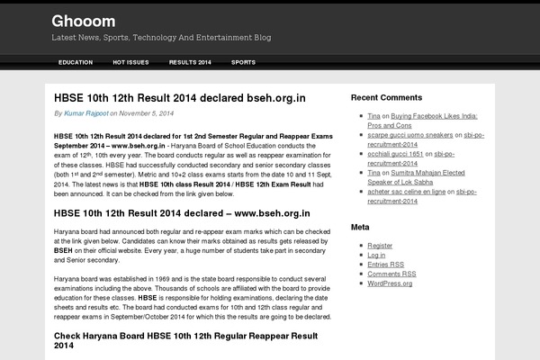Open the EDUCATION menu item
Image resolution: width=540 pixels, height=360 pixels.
click(x=76, y=62)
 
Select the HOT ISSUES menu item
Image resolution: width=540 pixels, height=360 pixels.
click(x=130, y=62)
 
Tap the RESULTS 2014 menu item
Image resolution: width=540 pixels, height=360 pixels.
click(x=190, y=62)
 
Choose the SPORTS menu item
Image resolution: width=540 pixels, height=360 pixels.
click(x=243, y=62)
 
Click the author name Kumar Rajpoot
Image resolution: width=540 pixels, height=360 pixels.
click(x=86, y=113)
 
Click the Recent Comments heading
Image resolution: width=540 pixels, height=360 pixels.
click(x=386, y=96)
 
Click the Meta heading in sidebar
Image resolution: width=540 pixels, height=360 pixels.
click(x=360, y=227)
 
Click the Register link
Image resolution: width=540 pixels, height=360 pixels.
click(x=380, y=245)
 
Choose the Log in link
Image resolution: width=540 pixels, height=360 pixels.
click(x=376, y=255)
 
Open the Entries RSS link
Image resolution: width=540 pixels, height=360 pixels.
click(x=385, y=265)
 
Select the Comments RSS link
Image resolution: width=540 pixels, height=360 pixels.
click(x=391, y=274)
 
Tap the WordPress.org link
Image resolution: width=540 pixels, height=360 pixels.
click(x=390, y=283)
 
